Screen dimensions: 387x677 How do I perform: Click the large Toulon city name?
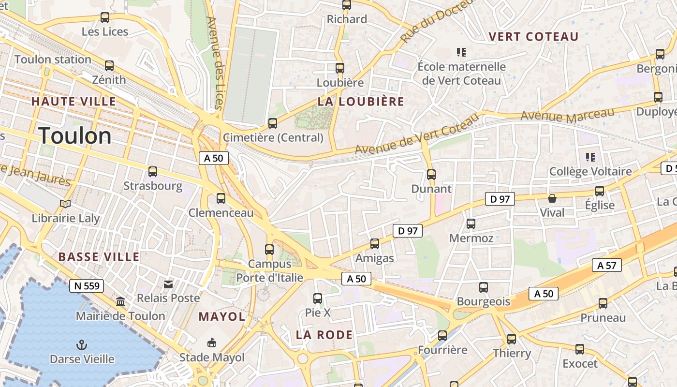[x=75, y=135]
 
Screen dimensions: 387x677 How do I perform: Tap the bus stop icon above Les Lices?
[x=105, y=17]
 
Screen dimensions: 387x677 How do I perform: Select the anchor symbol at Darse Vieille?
[x=82, y=345]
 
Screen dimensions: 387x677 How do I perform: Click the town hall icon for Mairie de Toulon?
[x=120, y=302]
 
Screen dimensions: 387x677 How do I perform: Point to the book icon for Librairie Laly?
[x=65, y=204]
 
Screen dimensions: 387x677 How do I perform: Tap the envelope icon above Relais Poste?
[x=168, y=284]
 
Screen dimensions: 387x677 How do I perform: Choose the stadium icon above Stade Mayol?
[x=211, y=343]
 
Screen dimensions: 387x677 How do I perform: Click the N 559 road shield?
[x=87, y=286]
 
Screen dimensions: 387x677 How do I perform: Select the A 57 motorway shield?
[x=607, y=265]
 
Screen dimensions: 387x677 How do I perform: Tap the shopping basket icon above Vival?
[x=552, y=198]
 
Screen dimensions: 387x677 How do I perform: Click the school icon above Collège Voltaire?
[x=590, y=157]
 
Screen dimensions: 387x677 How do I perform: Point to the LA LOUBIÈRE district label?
[x=361, y=102]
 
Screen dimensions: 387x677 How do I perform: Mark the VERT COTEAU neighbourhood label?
[x=533, y=37]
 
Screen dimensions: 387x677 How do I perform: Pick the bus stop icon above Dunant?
[x=431, y=174]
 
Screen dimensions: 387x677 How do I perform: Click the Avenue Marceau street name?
[x=567, y=115]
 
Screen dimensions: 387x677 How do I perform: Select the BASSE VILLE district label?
[x=99, y=257]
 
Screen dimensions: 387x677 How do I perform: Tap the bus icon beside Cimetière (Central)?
[x=273, y=123]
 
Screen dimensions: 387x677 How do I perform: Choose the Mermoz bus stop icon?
[x=471, y=224]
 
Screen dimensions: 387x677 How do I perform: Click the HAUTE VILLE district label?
[x=74, y=102]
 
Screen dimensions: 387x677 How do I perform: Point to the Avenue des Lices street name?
[x=216, y=63]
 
